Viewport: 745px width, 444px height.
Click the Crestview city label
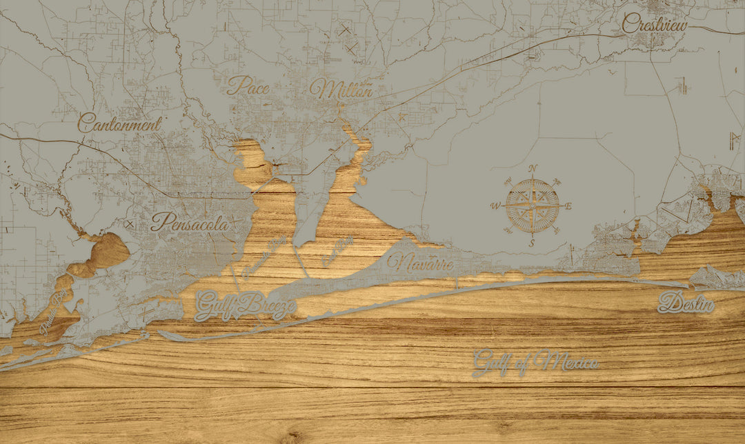pos(655,24)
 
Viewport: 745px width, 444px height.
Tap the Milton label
pos(341,89)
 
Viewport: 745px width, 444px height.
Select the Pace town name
pos(248,85)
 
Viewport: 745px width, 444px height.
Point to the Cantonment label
pos(119,123)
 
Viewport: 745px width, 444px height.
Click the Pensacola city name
pos(190,222)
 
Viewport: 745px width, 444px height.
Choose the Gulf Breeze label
pos(246,305)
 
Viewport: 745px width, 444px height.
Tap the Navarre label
pos(419,263)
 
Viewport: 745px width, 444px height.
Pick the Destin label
pos(686,303)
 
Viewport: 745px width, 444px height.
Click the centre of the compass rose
pos(533,205)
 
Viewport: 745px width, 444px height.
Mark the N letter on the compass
pos(533,169)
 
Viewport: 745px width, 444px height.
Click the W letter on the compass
pos(495,205)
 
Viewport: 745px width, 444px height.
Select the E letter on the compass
pos(568,205)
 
